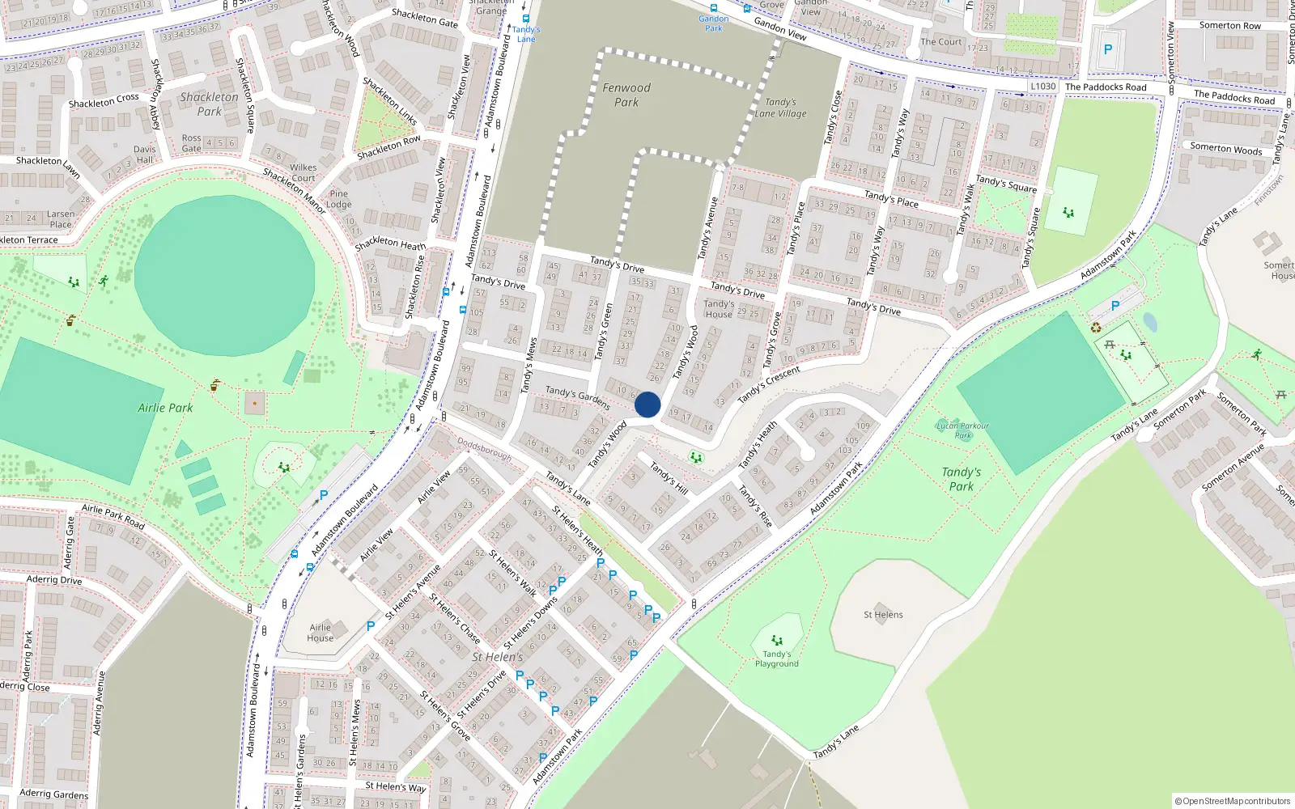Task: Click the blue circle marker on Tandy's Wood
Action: (647, 404)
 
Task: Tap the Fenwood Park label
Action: (626, 95)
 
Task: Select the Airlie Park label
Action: (165, 408)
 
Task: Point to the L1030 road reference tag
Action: (1043, 87)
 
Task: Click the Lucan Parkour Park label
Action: (962, 430)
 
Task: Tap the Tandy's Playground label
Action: (776, 659)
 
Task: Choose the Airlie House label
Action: (320, 633)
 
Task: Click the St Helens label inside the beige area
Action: (883, 615)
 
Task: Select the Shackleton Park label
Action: (209, 104)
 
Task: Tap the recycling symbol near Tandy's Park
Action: (1095, 328)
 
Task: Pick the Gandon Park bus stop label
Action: (713, 23)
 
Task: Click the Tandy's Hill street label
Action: (669, 478)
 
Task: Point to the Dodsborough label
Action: (485, 449)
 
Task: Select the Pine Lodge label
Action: (339, 199)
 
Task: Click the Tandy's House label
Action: (719, 309)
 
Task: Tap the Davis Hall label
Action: (145, 155)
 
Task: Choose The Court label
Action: (941, 42)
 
